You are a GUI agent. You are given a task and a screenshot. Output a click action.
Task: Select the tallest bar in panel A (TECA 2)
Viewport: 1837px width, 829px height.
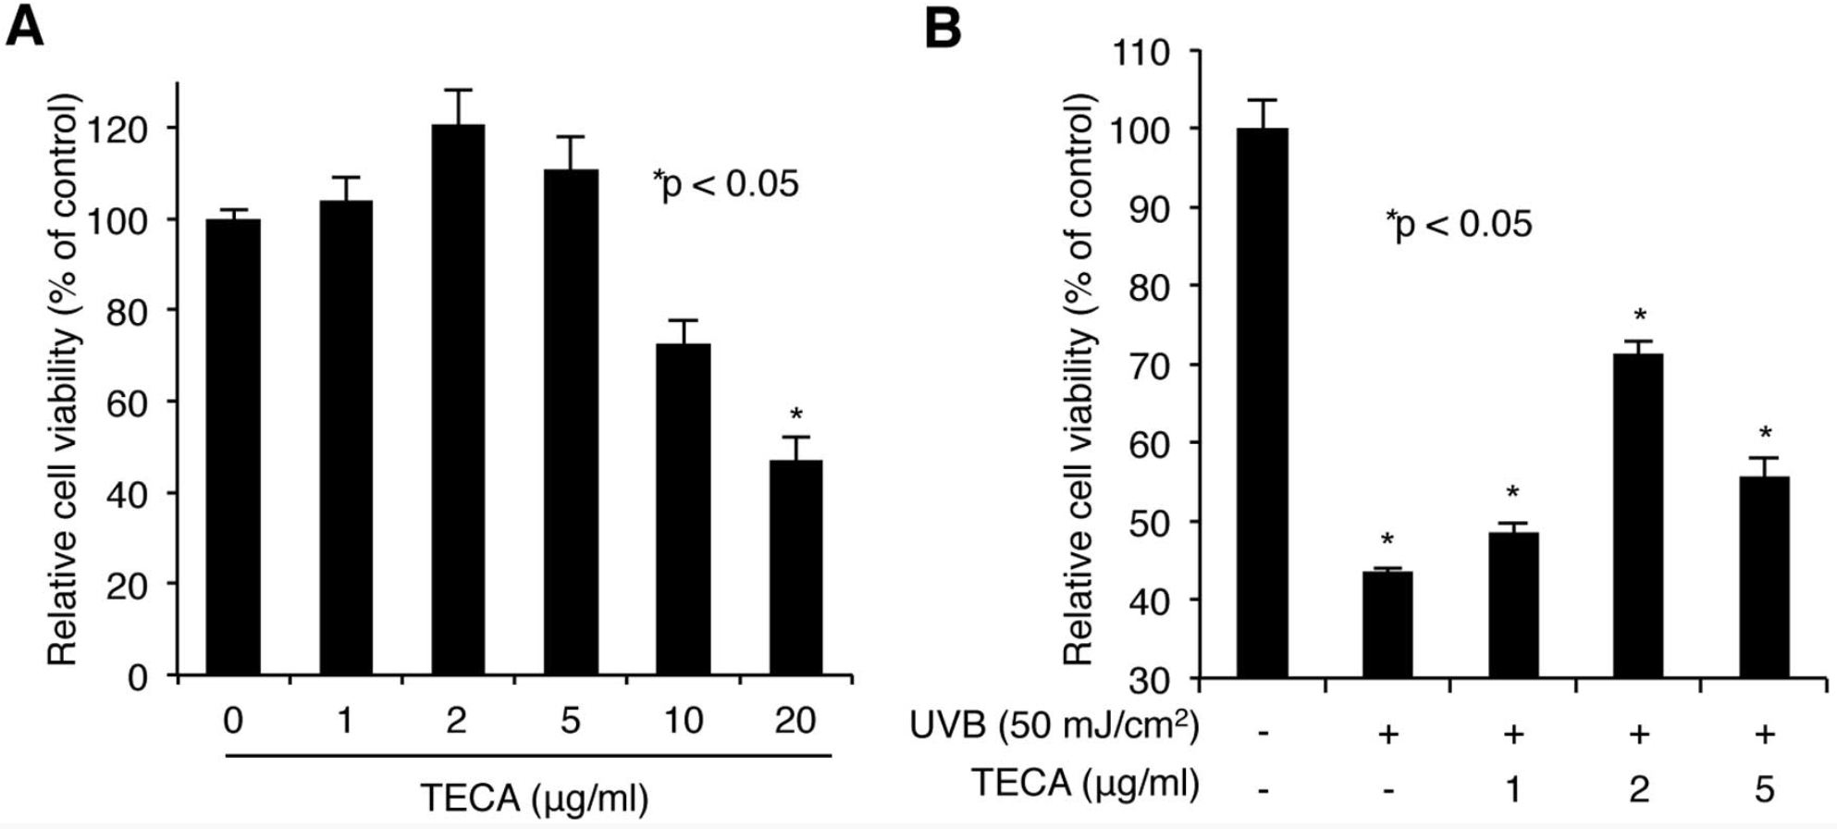pos(458,398)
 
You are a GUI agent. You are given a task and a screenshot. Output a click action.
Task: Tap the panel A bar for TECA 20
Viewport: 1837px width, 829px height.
pos(795,566)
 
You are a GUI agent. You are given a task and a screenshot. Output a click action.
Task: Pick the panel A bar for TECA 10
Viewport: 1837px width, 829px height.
pos(684,509)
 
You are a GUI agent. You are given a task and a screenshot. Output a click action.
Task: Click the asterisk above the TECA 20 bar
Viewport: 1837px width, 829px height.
pos(795,414)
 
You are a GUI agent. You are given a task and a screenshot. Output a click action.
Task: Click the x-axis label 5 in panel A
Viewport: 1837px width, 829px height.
pos(570,720)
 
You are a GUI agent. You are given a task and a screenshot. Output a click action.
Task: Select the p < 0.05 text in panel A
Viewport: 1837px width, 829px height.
pos(726,184)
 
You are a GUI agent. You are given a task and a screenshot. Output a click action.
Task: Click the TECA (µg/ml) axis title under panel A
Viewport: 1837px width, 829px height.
pos(534,798)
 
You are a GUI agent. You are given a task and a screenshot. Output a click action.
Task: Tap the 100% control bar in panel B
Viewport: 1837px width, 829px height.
pos(1263,402)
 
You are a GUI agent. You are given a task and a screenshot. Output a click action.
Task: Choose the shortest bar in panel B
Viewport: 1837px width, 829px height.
pos(1387,625)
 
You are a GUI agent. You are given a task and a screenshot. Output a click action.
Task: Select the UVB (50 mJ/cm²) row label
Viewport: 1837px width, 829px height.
pos(1054,727)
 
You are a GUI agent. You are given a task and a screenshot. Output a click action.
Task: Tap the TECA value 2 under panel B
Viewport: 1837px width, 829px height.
pos(1638,788)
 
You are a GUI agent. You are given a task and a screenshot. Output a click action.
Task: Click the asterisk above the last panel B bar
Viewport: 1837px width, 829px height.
pos(1765,433)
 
